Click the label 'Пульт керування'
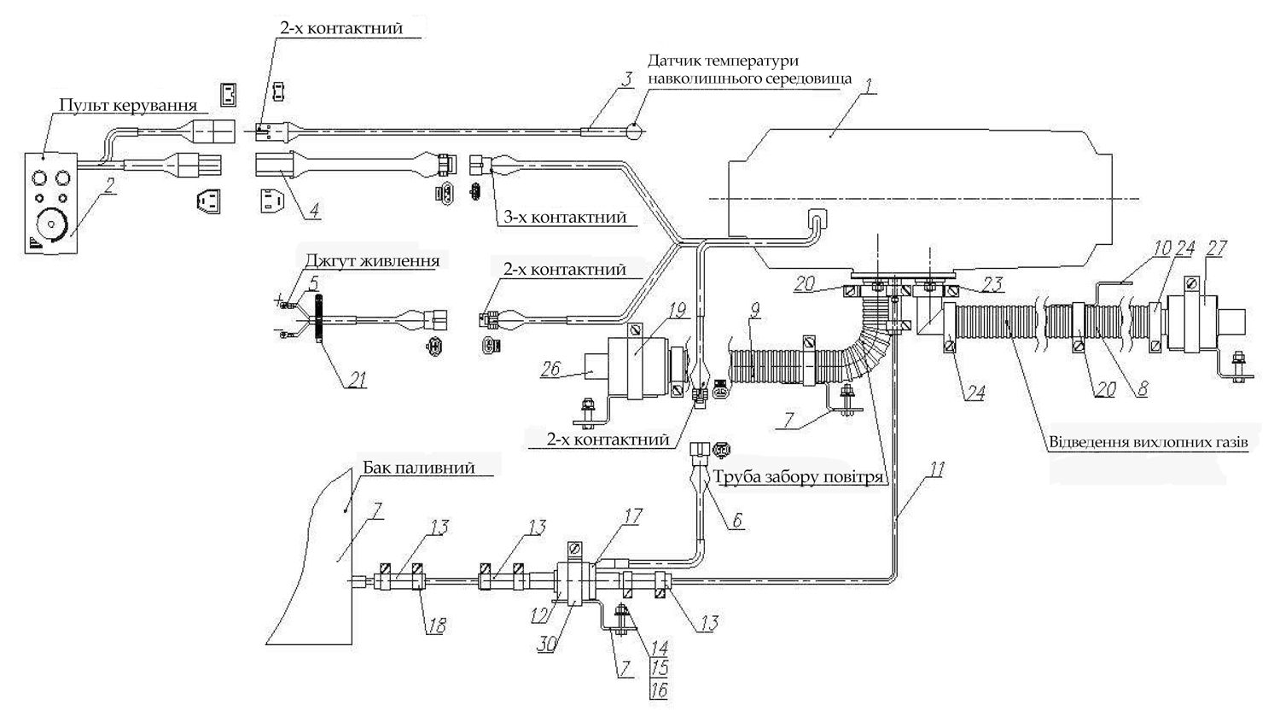click(128, 106)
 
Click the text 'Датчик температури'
click(724, 61)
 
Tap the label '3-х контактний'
click(565, 217)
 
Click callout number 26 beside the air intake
click(551, 370)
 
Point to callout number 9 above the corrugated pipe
click(755, 312)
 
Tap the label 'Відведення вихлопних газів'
click(1149, 442)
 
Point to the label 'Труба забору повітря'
click(798, 476)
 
